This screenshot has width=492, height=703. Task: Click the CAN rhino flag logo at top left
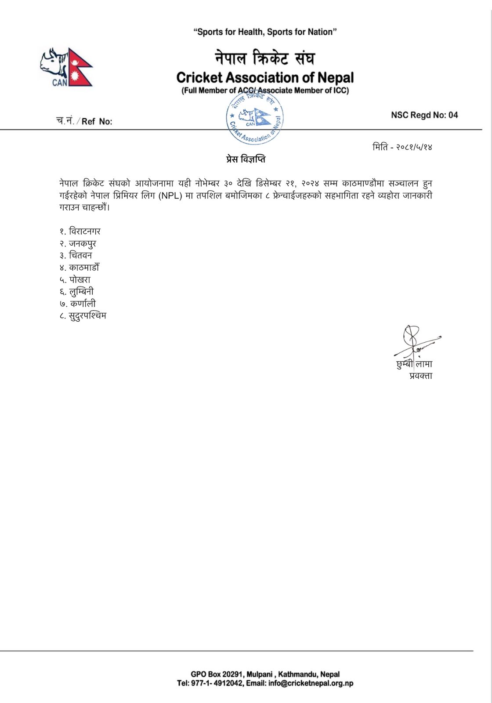coord(66,67)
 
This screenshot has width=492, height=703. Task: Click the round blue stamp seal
coord(255,118)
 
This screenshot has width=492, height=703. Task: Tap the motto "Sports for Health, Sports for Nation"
coord(265,32)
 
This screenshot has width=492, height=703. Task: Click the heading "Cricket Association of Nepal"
coord(265,78)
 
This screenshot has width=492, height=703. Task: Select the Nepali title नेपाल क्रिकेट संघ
coord(265,58)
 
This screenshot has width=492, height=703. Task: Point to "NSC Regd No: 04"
coord(424,115)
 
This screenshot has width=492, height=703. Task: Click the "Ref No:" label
coord(97,122)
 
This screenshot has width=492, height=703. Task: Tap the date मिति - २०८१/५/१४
coord(402,147)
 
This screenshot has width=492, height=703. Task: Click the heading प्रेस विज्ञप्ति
coord(246,159)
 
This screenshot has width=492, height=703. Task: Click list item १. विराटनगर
coord(80,232)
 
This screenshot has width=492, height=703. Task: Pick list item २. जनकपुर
coord(78,243)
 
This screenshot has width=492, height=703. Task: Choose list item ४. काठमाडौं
coord(80,268)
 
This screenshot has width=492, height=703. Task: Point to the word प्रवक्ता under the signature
coord(420,376)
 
